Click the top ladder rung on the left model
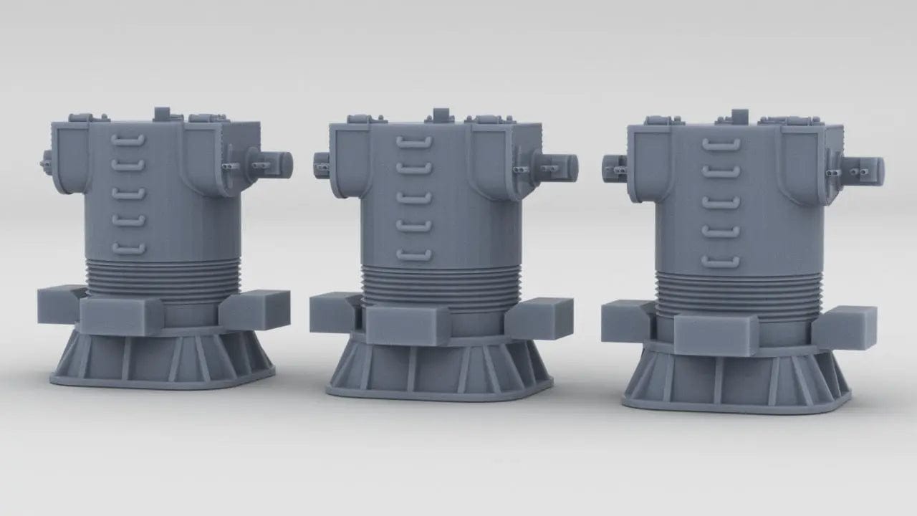pos(128,140)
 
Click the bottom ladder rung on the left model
pos(128,249)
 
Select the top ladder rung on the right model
pos(721,145)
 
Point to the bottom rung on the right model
pos(721,262)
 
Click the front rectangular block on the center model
pos(408,325)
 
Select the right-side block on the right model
pos(845,327)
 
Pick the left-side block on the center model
pos(333,312)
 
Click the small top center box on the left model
pos(163,113)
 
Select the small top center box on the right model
pos(739,116)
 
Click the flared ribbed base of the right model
pos(738,380)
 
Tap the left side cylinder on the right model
pos(615,168)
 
